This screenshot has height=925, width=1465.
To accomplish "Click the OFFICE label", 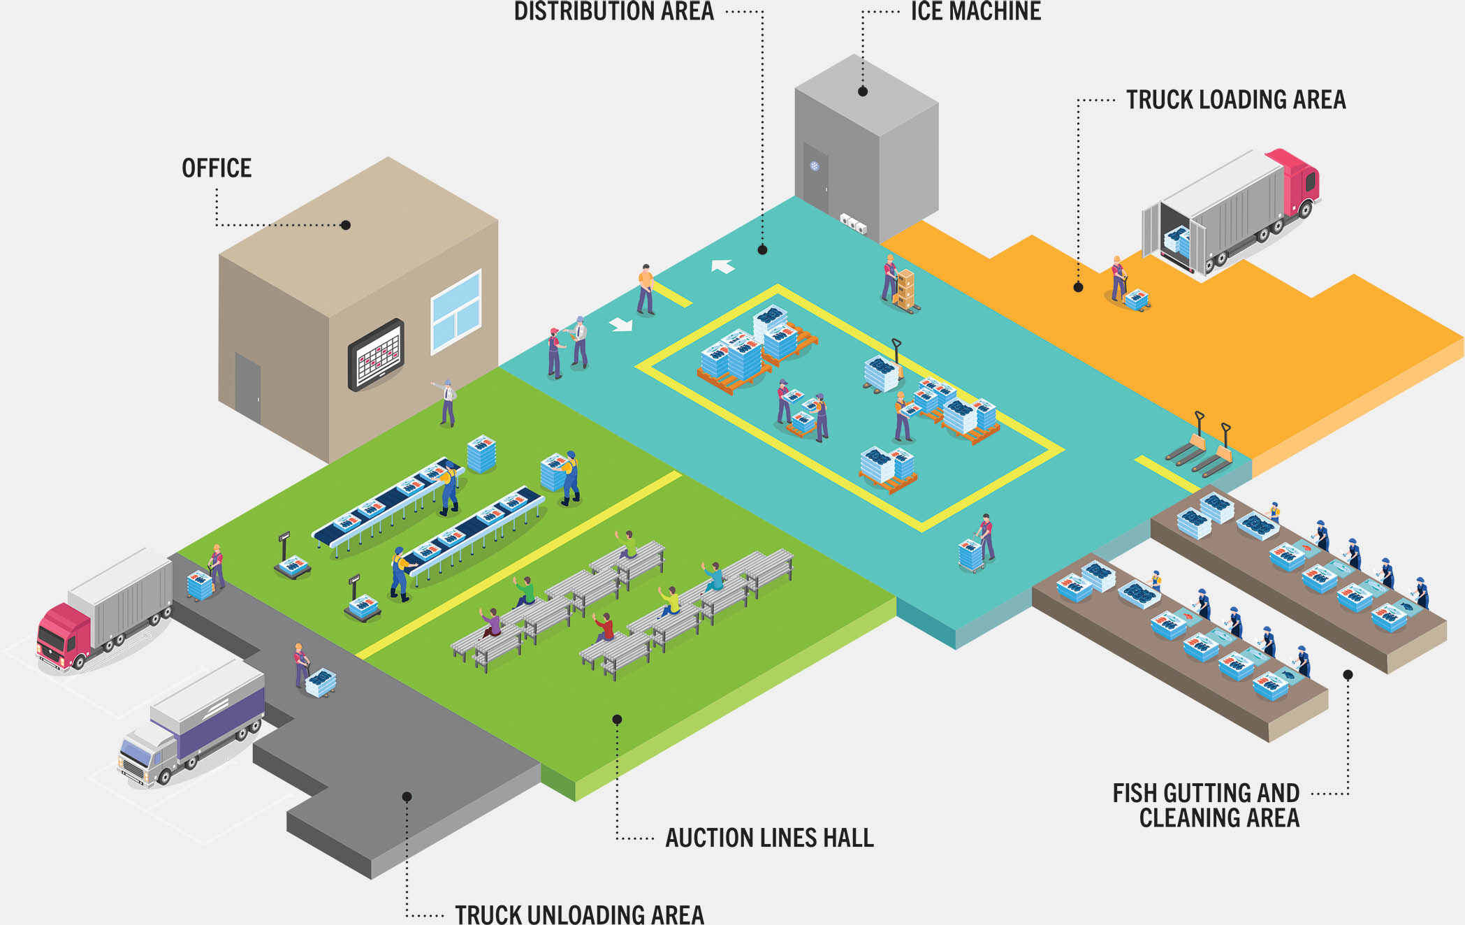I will tap(217, 168).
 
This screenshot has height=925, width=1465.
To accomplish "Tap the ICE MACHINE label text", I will tap(975, 12).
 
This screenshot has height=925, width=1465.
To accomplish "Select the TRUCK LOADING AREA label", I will tap(1235, 100).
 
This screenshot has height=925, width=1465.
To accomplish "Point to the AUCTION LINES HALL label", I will tap(769, 838).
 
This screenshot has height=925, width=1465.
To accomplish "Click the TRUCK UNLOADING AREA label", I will tap(579, 914).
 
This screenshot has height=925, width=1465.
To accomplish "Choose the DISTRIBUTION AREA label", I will tap(614, 12).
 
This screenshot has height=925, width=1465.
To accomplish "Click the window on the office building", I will tap(455, 311).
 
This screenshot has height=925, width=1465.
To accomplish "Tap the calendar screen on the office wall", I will tap(377, 354).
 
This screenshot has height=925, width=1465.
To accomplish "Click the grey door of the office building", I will tap(248, 388).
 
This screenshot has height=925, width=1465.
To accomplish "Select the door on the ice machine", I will tap(815, 178).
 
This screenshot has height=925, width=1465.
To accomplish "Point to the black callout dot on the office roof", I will tap(345, 225).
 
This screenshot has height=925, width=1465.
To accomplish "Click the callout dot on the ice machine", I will tap(863, 92).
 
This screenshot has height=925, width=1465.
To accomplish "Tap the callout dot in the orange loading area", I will tap(1078, 287).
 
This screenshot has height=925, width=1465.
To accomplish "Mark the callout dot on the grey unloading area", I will tap(407, 796).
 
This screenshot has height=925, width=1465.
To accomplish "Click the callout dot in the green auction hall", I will tap(617, 719).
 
